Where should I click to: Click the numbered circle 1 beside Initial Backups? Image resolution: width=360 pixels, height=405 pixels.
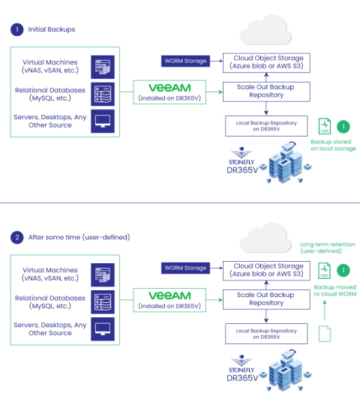coord(16,29)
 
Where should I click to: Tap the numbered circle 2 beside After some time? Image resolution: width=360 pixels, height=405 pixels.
coord(16,237)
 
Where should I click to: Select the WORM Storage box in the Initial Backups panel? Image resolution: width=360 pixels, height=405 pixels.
coord(185,60)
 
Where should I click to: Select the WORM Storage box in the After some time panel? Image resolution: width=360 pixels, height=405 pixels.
coord(185,268)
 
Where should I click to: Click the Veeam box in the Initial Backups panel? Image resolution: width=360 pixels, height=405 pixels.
coord(169,91)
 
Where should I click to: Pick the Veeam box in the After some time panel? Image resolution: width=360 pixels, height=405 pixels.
coord(169,300)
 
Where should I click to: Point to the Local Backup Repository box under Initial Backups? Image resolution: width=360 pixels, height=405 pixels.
coord(266,124)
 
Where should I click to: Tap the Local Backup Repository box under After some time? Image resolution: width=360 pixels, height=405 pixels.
coord(266,333)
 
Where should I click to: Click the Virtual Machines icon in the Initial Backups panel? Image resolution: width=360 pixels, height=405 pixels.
coord(103,67)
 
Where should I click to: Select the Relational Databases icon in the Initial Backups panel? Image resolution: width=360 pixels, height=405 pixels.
coord(103,94)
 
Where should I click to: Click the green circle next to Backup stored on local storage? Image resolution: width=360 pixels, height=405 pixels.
coord(343,127)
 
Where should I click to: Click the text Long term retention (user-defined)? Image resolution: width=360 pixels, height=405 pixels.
coord(327,248)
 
